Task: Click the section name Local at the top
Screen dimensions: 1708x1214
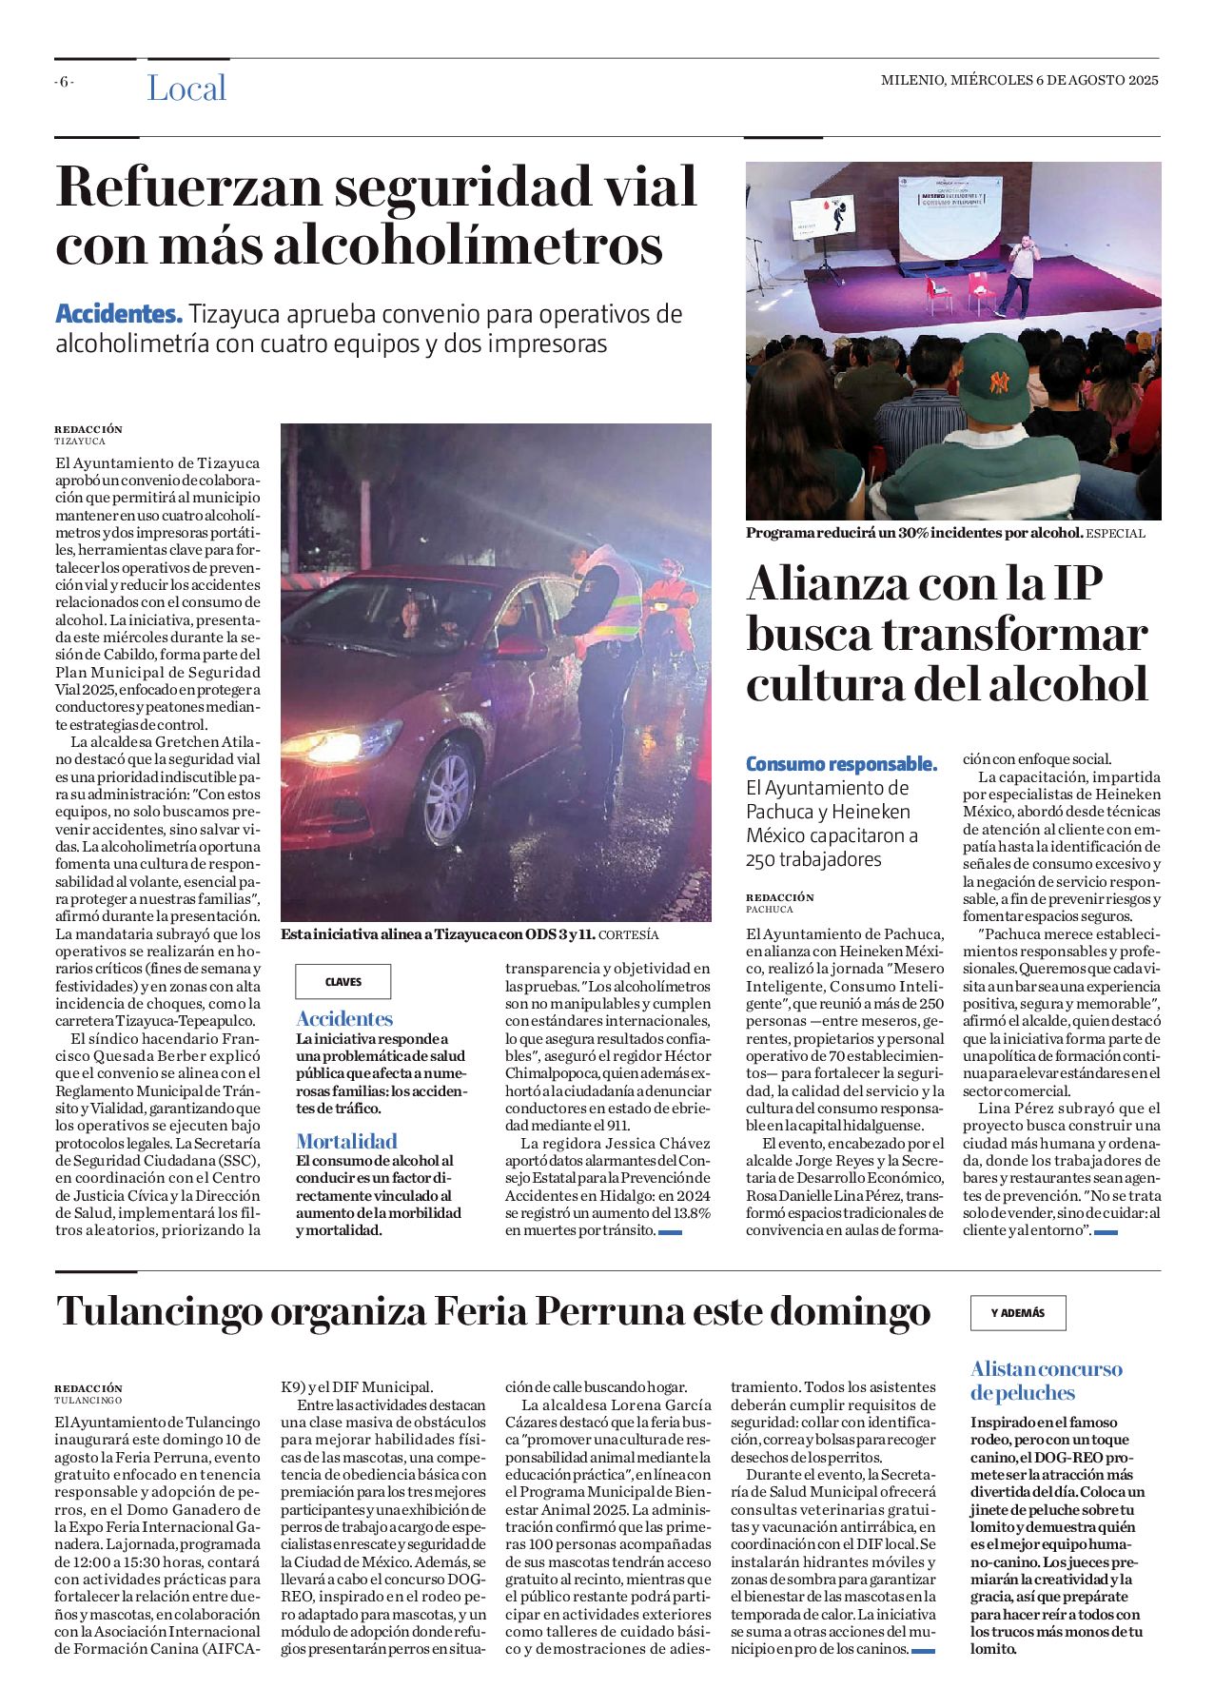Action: coord(186,88)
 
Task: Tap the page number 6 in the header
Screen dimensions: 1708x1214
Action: coord(64,82)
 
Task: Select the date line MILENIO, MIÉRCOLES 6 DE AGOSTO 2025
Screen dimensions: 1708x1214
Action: coord(1019,81)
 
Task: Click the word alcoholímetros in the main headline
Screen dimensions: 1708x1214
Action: coord(468,245)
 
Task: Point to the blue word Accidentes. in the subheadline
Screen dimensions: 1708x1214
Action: coord(118,314)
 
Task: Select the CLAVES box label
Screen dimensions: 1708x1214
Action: coord(343,982)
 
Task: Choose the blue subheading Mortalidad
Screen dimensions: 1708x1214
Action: coord(346,1141)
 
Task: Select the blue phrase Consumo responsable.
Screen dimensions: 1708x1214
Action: coord(841,764)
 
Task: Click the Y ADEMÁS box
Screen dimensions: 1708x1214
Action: coord(1017,1313)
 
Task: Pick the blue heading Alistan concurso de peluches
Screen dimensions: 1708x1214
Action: coord(1046,1381)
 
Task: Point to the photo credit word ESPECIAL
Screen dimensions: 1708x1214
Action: coord(1115,534)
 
